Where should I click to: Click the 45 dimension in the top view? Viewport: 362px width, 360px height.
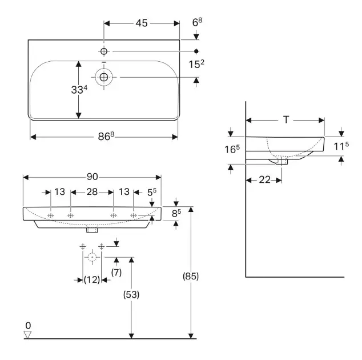tap(141, 23)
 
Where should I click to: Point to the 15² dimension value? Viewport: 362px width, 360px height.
tap(197, 64)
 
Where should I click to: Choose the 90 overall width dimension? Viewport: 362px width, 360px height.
tap(92, 177)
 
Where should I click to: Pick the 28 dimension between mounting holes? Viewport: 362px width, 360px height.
tap(92, 193)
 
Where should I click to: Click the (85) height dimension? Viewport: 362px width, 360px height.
tap(191, 276)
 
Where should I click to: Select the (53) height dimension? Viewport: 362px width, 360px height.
tap(131, 294)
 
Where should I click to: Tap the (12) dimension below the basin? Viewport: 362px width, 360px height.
tap(91, 280)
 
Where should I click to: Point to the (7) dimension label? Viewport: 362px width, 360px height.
tap(116, 273)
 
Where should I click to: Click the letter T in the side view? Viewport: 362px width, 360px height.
tap(286, 120)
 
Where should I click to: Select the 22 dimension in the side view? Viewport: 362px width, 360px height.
tap(264, 179)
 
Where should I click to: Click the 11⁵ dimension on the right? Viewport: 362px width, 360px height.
tap(341, 146)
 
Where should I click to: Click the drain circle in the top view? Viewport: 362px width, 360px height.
tap(104, 77)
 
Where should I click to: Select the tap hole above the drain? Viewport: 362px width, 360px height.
tap(104, 51)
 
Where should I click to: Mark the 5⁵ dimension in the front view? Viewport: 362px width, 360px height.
tap(151, 193)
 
